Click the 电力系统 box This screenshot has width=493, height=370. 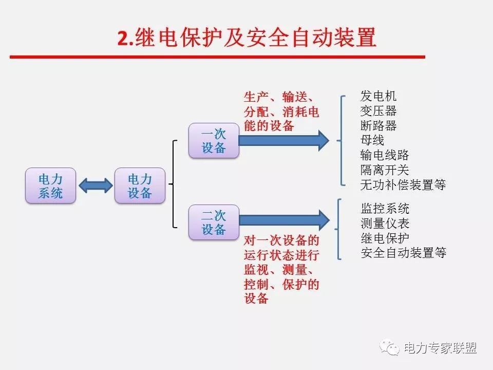click(x=51, y=186)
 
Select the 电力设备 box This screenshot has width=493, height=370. click(x=140, y=186)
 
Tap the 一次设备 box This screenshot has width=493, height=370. click(x=214, y=140)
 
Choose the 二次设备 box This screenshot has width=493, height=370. click(x=214, y=222)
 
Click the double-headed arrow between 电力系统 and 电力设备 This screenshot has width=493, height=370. click(x=96, y=186)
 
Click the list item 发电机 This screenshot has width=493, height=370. click(x=379, y=96)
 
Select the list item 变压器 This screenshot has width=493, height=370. click(x=379, y=110)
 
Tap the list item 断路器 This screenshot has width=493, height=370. click(x=379, y=125)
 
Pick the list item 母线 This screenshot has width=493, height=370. click(x=372, y=140)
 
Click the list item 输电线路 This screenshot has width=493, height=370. click(x=385, y=155)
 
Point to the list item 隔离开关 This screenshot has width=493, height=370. click(x=385, y=170)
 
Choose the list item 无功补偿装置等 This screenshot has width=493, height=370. click(x=403, y=184)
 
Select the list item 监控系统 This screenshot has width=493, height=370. click(x=385, y=209)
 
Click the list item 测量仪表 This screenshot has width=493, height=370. click(x=385, y=224)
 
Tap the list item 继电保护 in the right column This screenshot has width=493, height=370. click(x=385, y=238)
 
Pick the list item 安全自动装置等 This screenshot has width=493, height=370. click(x=404, y=253)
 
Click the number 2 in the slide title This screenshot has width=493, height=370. click(x=122, y=39)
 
